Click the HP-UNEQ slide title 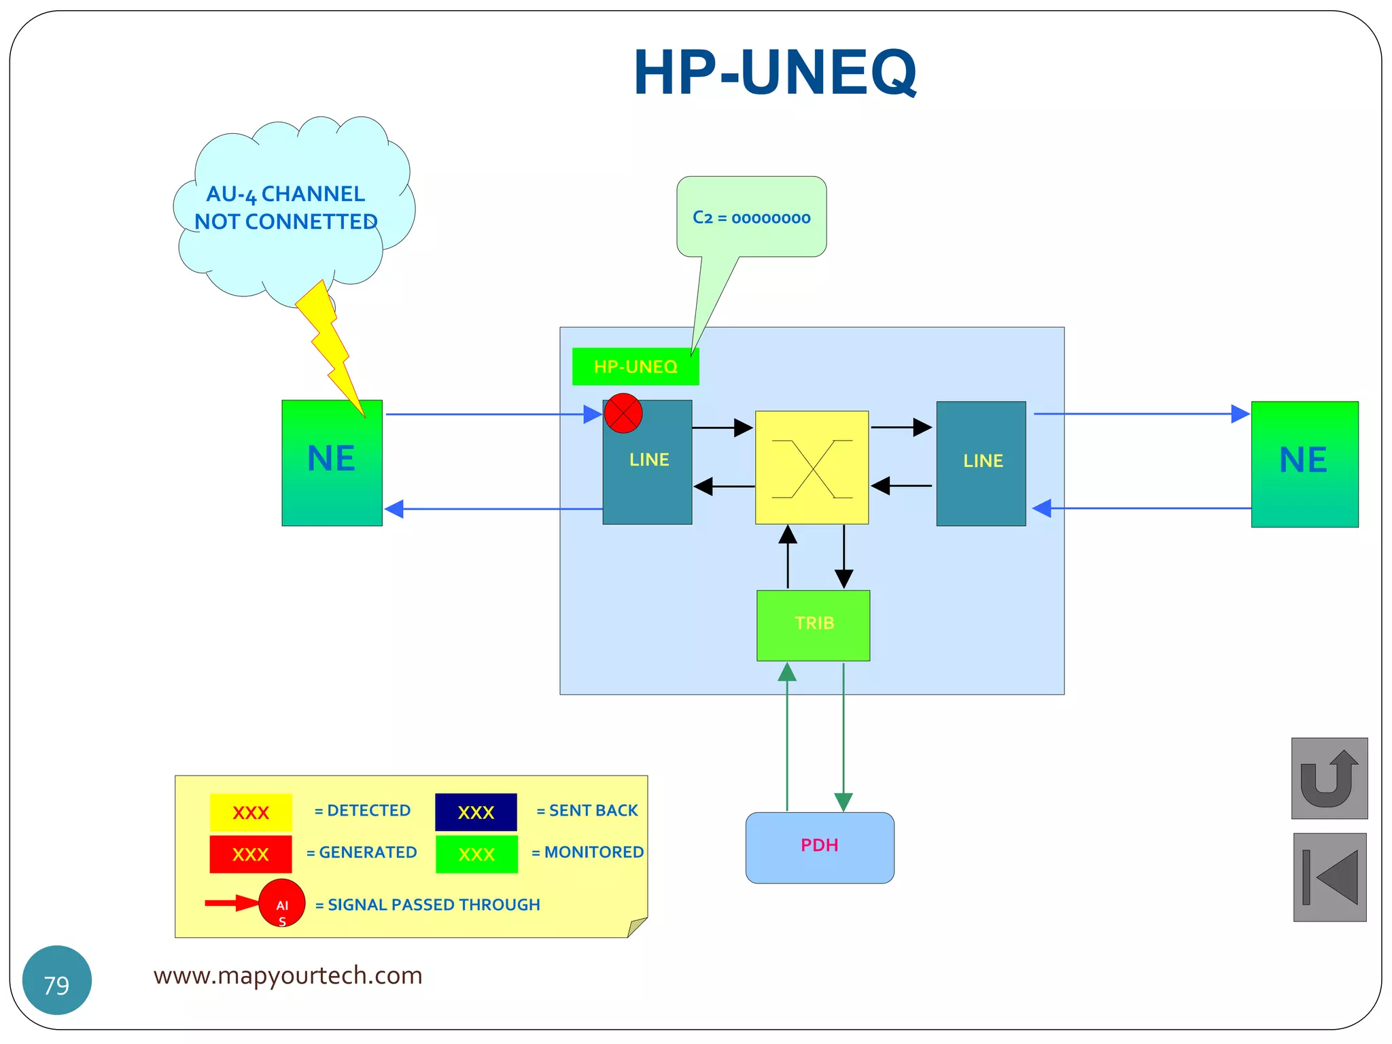[x=775, y=73]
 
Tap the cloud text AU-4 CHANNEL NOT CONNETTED [x=285, y=208]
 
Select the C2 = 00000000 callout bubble [x=751, y=217]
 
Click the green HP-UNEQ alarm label [x=635, y=367]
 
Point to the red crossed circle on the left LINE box [x=623, y=413]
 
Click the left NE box [x=332, y=463]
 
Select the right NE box [x=1304, y=464]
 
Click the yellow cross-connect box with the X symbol [x=812, y=468]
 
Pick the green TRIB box [x=813, y=625]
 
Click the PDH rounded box [x=820, y=848]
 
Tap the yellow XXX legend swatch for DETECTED [x=251, y=812]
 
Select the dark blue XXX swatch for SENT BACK [x=476, y=812]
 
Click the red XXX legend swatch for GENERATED [x=251, y=854]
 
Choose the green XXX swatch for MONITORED [x=476, y=854]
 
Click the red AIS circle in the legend [x=282, y=903]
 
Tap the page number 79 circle [x=57, y=980]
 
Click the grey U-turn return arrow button [x=1329, y=778]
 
